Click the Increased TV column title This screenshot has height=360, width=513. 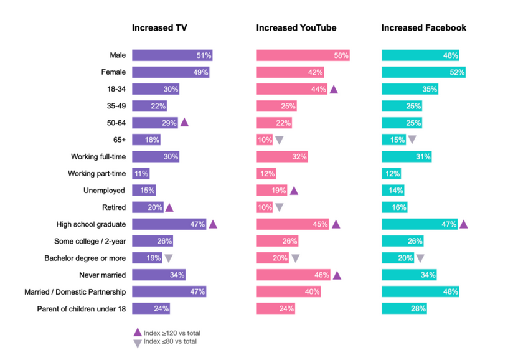click(159, 28)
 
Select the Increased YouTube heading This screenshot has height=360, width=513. click(296, 28)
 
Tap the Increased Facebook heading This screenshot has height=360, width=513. click(423, 28)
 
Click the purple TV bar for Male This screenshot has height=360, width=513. click(172, 55)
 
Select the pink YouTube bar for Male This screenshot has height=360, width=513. click(303, 55)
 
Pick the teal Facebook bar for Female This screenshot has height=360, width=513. click(423, 72)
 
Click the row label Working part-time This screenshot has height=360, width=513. click(96, 174)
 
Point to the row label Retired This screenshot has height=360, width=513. click(113, 207)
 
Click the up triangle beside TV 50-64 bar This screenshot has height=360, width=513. click(184, 123)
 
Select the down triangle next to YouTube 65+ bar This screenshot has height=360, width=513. click(280, 140)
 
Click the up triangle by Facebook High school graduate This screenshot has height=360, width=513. click(463, 224)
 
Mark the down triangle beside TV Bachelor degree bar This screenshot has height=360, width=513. click(168, 258)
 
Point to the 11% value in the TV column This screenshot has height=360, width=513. click(141, 174)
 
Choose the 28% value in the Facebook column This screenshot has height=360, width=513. click(418, 308)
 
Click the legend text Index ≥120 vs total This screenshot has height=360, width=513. click(172, 333)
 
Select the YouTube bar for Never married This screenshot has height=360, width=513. click(293, 275)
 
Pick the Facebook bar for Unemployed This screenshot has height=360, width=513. click(392, 191)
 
